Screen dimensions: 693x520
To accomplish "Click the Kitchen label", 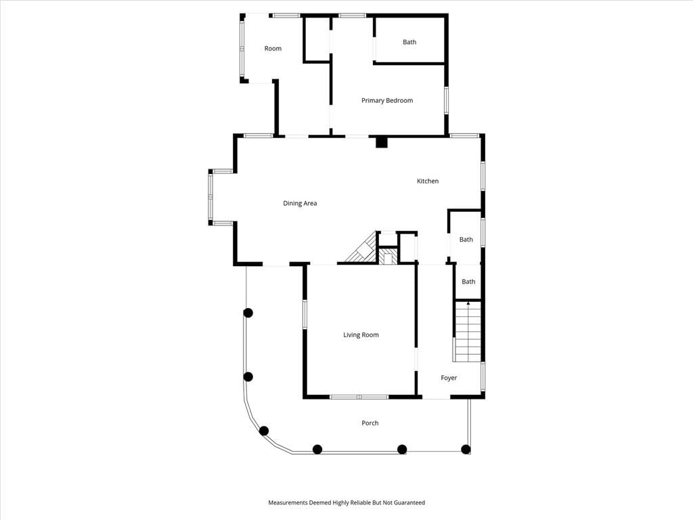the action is (428, 181).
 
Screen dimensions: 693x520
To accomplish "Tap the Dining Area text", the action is (300, 203).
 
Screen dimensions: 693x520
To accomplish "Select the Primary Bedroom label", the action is (387, 100).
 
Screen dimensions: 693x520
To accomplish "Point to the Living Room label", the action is (361, 334).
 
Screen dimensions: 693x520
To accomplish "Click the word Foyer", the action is (449, 378).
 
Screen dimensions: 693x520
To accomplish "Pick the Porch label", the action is (370, 422).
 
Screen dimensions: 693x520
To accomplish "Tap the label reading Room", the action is (273, 48).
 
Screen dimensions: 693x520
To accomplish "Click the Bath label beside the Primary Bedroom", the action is (409, 42).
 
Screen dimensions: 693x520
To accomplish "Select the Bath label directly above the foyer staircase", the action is (468, 282).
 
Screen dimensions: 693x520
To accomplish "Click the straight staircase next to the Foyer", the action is (467, 332).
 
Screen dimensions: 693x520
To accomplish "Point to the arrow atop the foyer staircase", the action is (468, 303).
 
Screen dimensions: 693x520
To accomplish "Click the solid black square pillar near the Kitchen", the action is (382, 142).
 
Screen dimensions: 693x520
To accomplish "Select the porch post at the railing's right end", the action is (466, 450).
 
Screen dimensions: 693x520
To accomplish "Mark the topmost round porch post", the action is (248, 313).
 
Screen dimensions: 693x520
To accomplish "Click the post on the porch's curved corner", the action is (264, 431).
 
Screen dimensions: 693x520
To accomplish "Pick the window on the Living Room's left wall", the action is (305, 314).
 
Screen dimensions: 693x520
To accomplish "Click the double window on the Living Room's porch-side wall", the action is (359, 397).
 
